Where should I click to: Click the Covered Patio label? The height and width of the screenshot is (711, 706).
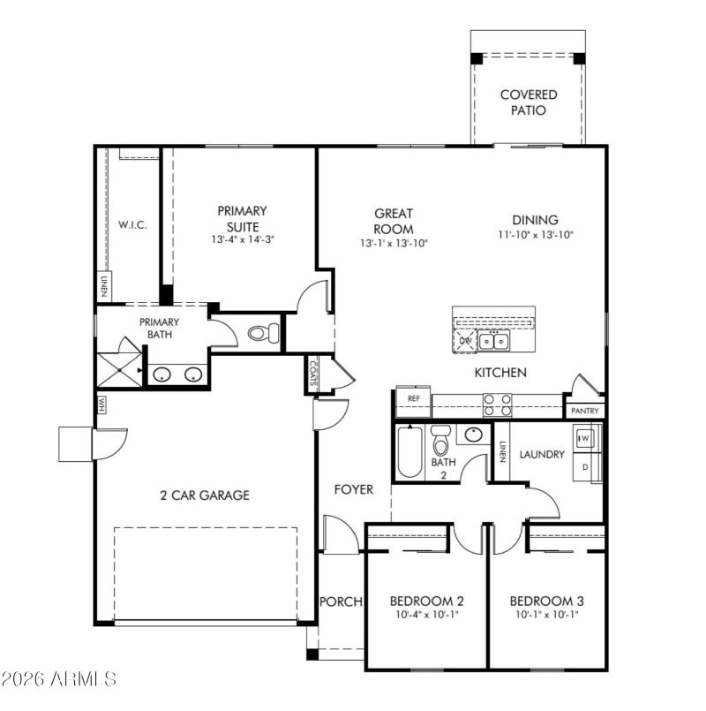tap(529, 102)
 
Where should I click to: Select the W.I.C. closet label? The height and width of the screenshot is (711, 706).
tap(132, 224)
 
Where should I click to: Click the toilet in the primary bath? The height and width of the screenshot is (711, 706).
tap(263, 334)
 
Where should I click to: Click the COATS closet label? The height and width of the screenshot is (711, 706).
tap(314, 373)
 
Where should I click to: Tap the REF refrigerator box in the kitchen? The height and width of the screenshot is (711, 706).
tap(413, 399)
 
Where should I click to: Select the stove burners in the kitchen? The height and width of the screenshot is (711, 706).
tap(498, 405)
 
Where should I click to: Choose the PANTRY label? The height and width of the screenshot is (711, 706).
tap(584, 411)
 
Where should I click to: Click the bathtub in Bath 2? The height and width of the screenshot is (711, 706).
tap(409, 451)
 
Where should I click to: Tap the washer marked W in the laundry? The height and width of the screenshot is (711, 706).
tap(584, 437)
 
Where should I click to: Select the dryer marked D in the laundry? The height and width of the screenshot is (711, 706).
tap(584, 465)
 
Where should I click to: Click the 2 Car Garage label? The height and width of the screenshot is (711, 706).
tap(206, 495)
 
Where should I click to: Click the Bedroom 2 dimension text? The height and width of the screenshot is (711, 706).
tap(426, 615)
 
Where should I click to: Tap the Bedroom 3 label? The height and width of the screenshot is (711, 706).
tap(546, 601)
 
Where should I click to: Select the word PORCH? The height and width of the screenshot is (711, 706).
tap(341, 601)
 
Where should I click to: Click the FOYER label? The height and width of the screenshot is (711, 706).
tap(353, 489)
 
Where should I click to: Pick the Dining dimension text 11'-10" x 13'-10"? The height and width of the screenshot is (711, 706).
tap(535, 235)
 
